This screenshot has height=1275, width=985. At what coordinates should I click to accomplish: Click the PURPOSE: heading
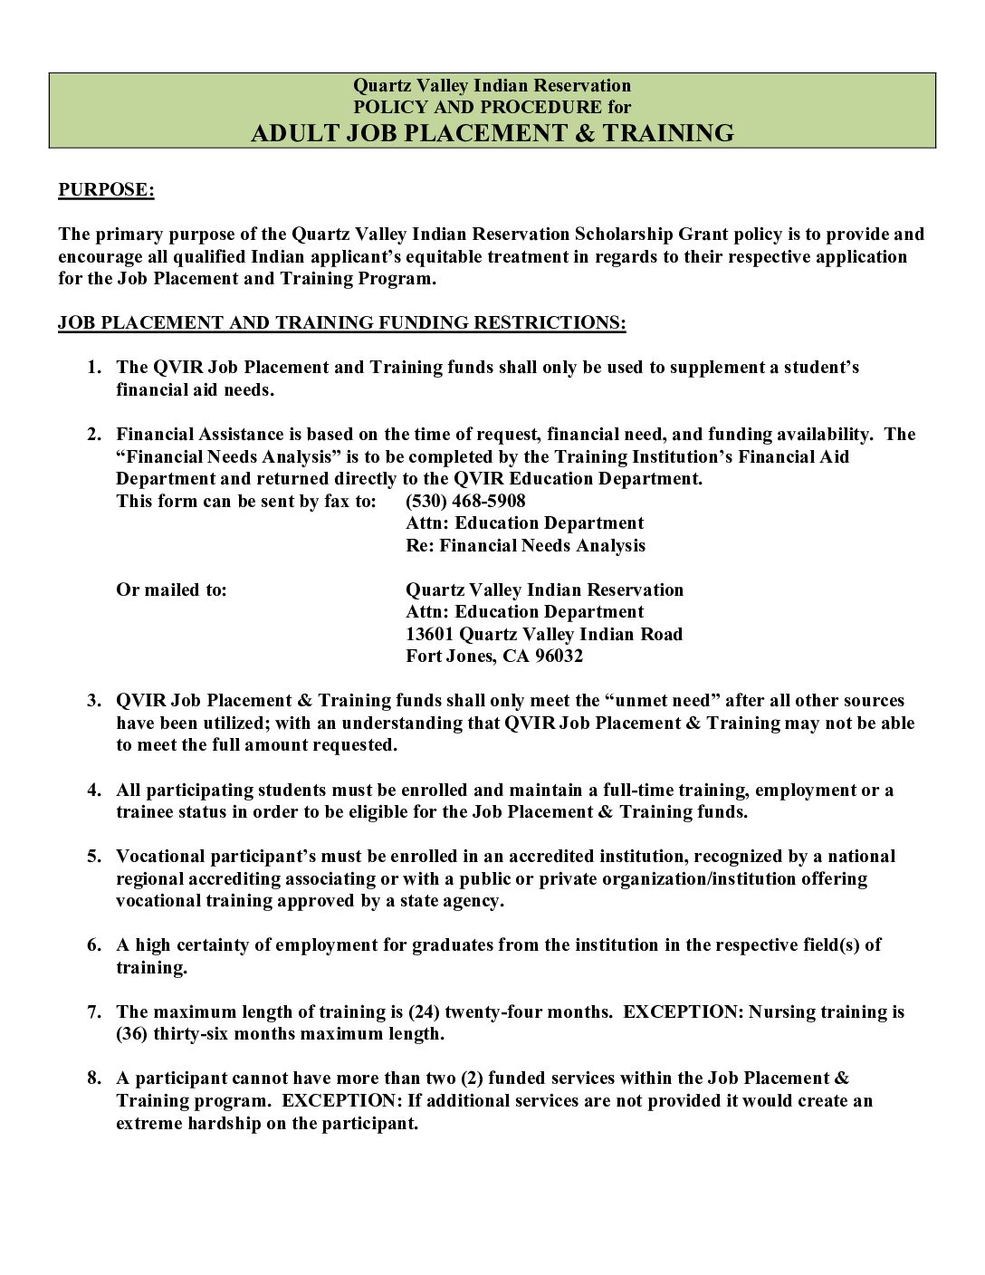tap(106, 189)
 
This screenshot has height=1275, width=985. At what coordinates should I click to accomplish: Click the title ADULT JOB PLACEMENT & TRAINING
tap(492, 133)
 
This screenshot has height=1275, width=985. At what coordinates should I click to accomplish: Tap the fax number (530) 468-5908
tap(465, 501)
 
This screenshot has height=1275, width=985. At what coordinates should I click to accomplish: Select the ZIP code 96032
tap(559, 656)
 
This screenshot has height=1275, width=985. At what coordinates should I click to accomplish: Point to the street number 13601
tap(430, 634)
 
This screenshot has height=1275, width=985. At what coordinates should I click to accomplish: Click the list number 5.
tap(94, 857)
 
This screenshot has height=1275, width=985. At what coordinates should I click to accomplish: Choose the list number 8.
tap(94, 1078)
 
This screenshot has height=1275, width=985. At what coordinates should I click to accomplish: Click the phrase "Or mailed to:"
tap(171, 590)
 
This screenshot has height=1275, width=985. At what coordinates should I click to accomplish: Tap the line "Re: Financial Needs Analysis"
tap(525, 545)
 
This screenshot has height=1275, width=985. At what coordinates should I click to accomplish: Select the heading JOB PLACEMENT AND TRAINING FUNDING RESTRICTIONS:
tap(341, 322)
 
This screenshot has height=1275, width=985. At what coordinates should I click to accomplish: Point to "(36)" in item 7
tap(132, 1034)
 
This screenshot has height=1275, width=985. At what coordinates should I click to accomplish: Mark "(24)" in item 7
tap(425, 1011)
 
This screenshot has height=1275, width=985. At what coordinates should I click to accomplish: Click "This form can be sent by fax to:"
tap(245, 501)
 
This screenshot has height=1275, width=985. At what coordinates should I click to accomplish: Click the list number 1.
tap(94, 368)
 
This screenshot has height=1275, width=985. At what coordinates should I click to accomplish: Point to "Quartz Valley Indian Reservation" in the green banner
tap(492, 85)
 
